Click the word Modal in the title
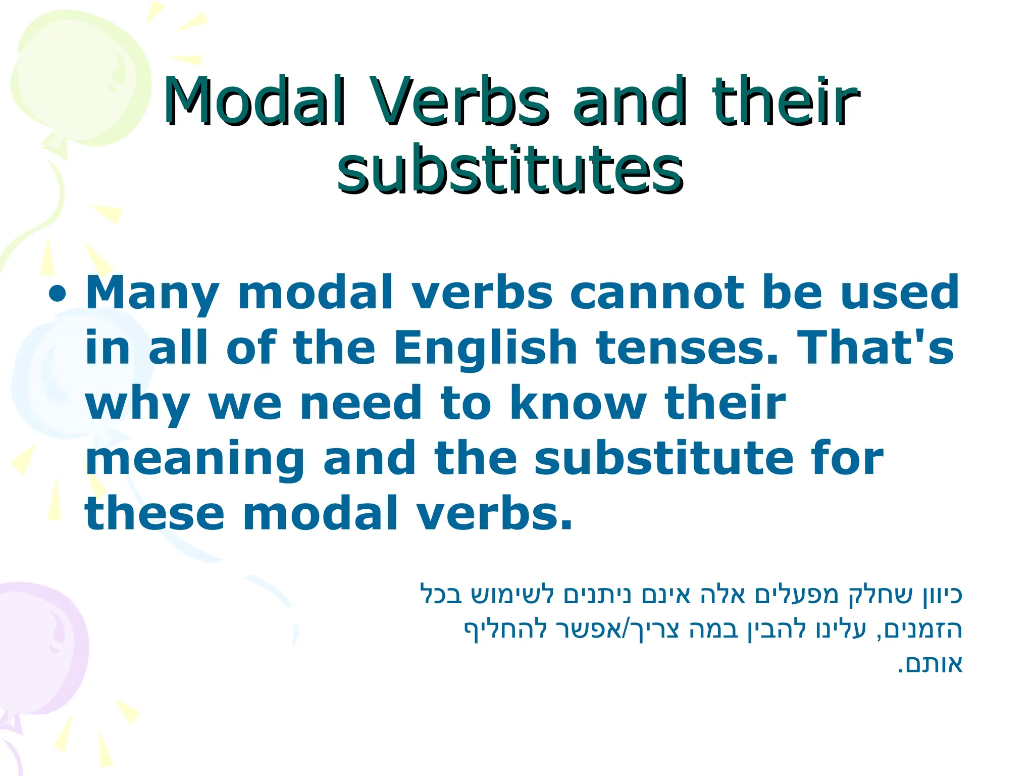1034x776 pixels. click(255, 101)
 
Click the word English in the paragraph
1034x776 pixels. click(485, 349)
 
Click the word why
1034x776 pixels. click(137, 404)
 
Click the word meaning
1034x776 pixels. click(195, 460)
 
